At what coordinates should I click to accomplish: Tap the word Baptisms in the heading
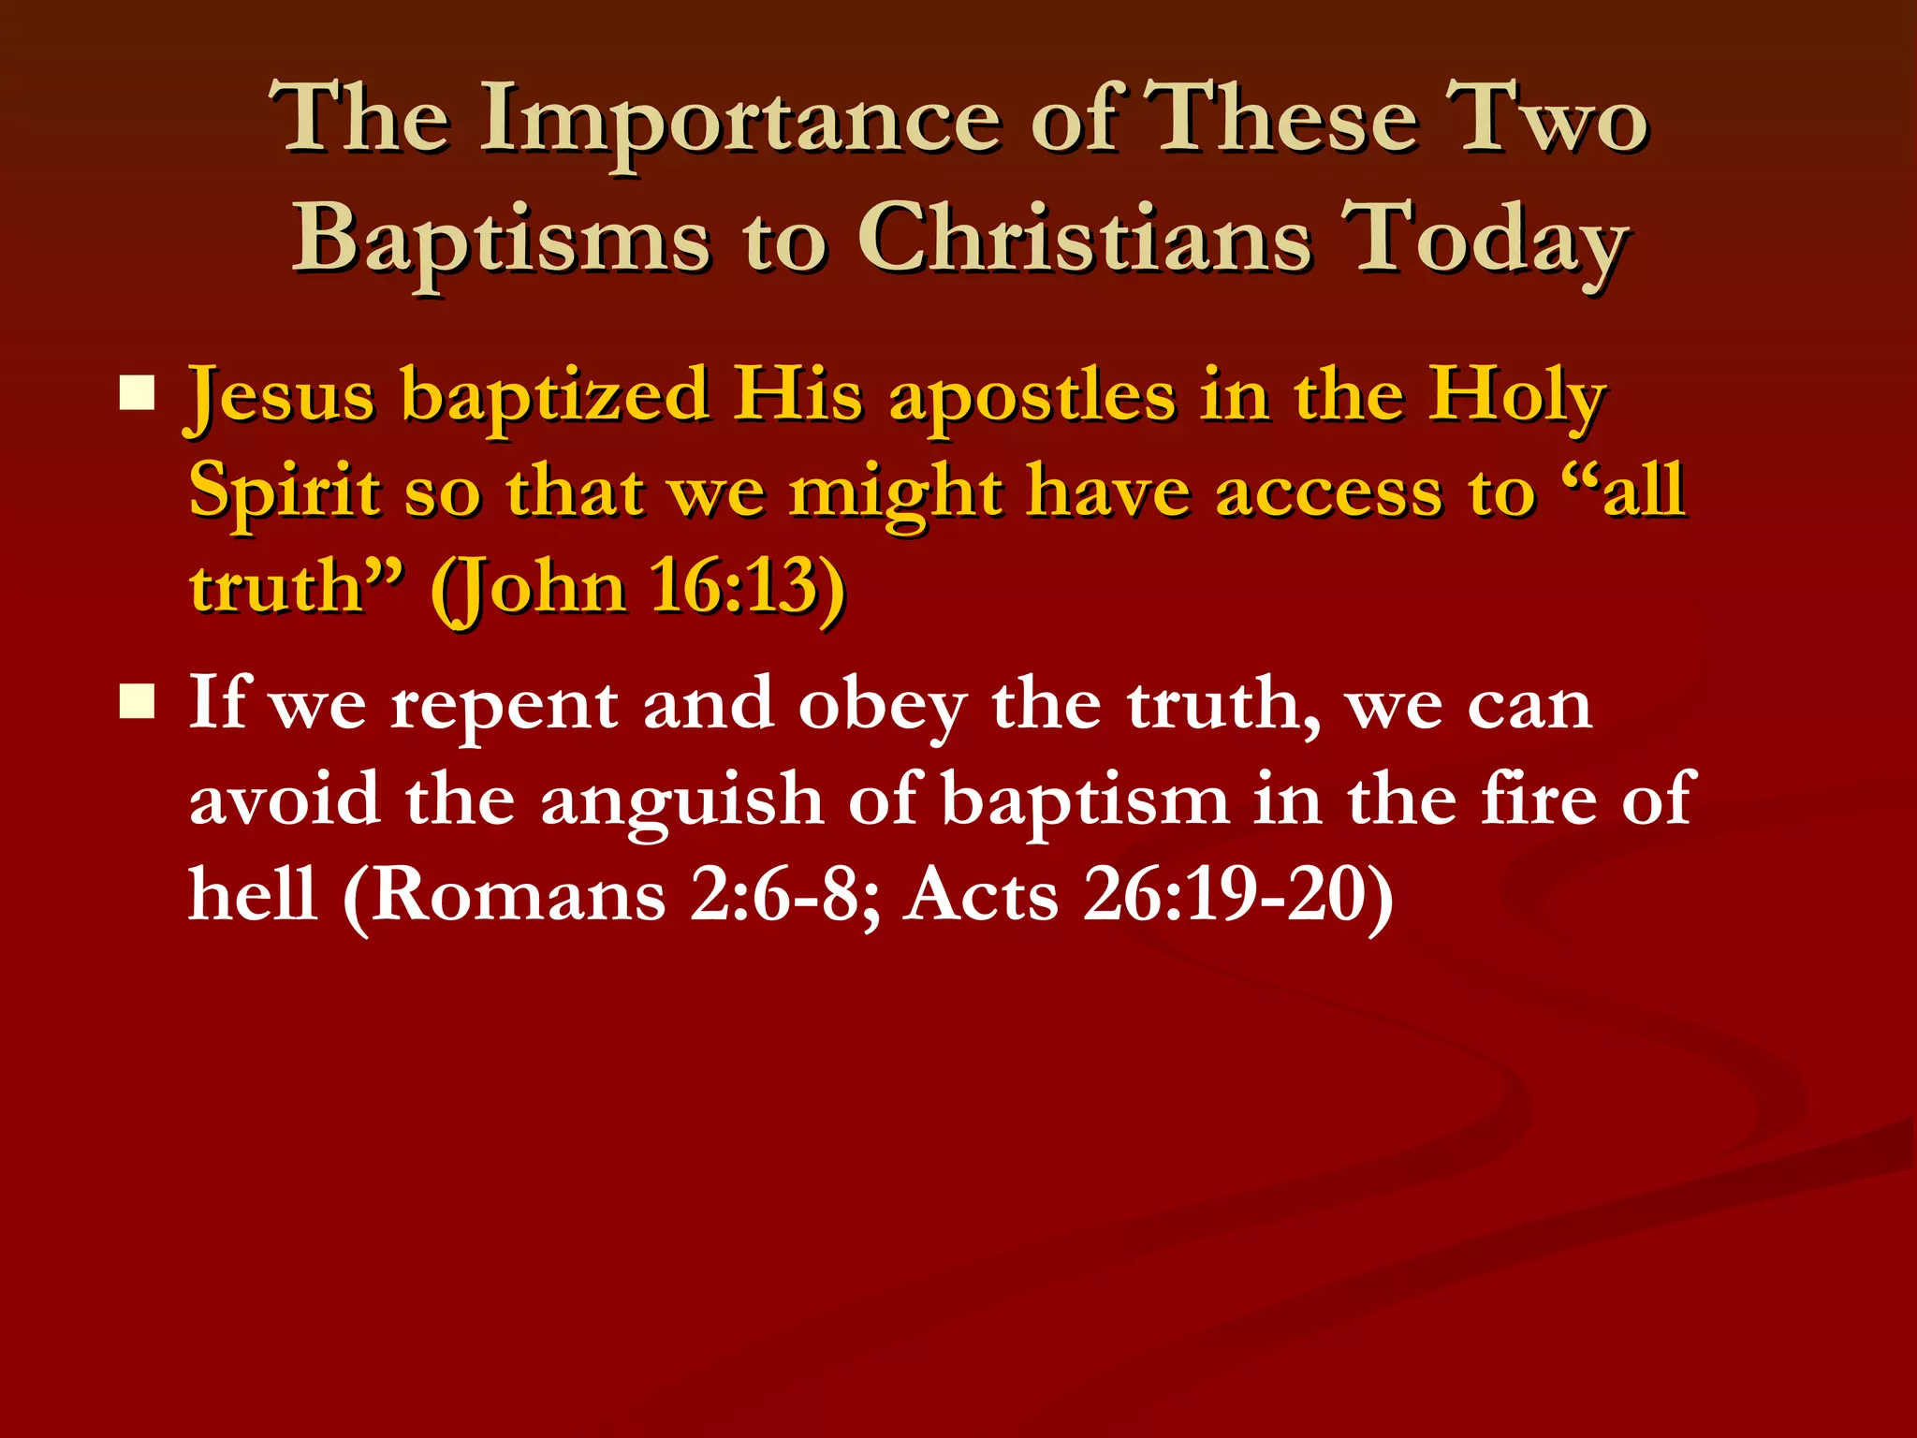tap(502, 239)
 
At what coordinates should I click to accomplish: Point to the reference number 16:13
tap(736, 588)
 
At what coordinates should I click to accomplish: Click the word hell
tap(253, 895)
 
